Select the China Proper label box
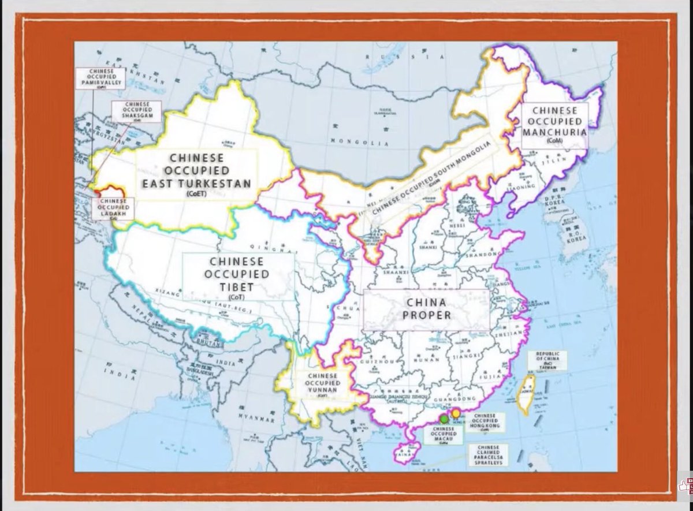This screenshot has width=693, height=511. pyautogui.click(x=426, y=309)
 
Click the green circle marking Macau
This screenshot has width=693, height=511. pyautogui.click(x=444, y=418)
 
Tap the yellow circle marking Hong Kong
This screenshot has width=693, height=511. pyautogui.click(x=456, y=413)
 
